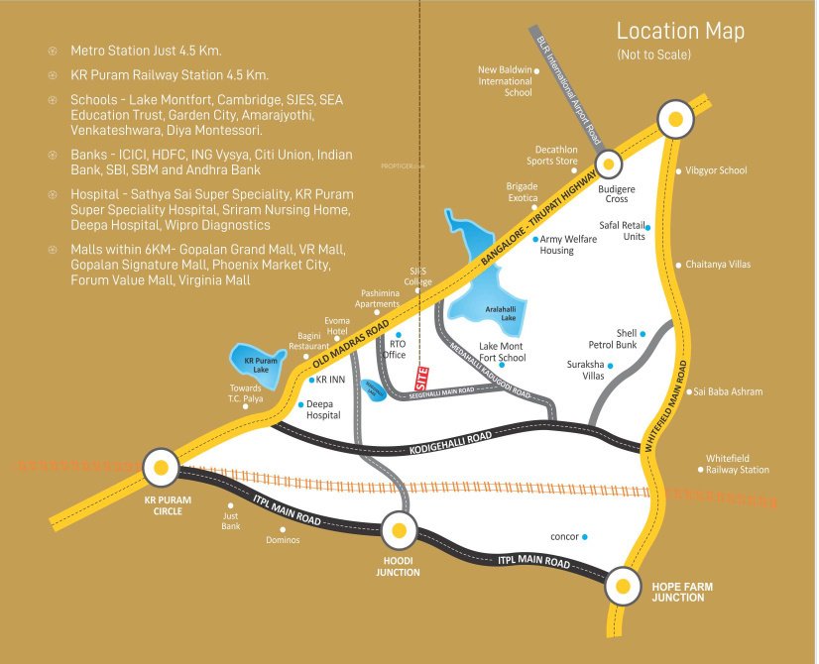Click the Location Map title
click(x=679, y=31)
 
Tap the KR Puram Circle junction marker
click(x=161, y=466)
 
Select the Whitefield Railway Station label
click(x=737, y=464)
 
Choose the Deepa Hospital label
click(x=322, y=410)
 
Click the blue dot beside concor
click(x=585, y=537)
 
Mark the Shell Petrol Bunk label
click(x=627, y=339)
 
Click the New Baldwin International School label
click(x=505, y=80)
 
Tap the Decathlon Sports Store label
click(x=551, y=155)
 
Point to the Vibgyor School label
click(x=716, y=170)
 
